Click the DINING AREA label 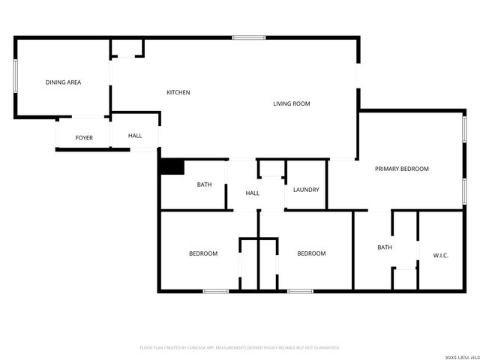point(63,82)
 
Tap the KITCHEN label point(178,92)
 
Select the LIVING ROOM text point(291,103)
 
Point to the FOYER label point(84,138)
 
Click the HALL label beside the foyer point(135,136)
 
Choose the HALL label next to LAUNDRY point(253,193)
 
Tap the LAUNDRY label point(306,190)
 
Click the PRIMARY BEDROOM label point(401,169)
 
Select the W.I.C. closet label point(440,256)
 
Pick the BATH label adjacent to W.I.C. point(385,247)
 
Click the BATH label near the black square point(204,184)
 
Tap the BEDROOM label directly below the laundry point(311,253)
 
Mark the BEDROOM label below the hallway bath point(202,253)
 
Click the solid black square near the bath point(171,167)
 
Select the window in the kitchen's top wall point(248,37)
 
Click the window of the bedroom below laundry point(300,290)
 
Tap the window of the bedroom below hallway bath point(215,290)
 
